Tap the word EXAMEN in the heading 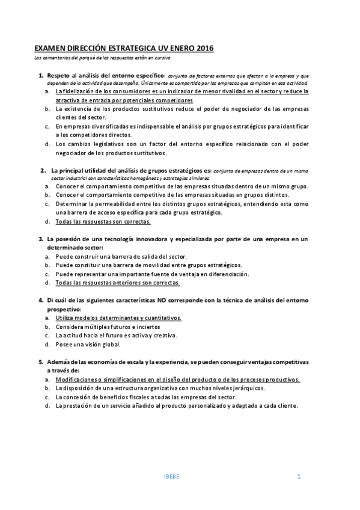[51, 49]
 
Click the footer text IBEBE [171, 477]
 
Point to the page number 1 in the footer [298, 477]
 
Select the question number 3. [41, 239]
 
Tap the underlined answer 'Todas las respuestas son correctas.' [103, 221]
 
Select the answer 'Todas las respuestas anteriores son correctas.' [117, 283]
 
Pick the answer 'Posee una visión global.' [88, 344]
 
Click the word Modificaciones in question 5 [78, 379]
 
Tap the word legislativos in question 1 [106, 144]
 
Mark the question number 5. [41, 362]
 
